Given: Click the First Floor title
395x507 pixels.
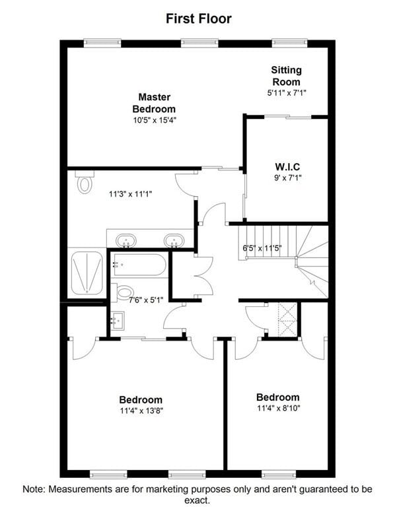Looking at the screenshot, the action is (199, 18).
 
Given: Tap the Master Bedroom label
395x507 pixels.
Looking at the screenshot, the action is (154, 103).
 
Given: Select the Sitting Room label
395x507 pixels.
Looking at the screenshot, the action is (286, 76).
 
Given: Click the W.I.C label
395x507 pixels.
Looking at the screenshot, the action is (287, 167).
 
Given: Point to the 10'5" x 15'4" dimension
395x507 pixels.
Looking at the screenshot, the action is (155, 120).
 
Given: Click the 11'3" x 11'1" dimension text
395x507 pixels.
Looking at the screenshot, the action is (130, 194).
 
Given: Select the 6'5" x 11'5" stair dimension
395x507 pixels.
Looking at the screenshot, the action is (262, 248).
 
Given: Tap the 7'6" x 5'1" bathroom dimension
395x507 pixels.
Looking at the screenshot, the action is (146, 300).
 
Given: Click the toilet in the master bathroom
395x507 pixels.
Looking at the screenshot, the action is (85, 182).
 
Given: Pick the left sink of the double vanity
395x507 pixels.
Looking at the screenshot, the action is (126, 241).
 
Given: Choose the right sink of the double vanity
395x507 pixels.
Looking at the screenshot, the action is (174, 241).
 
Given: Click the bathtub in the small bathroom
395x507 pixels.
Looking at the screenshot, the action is (139, 265).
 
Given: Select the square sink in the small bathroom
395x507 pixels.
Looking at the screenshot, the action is (118, 321).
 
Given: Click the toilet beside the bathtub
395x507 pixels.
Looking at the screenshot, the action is (122, 292).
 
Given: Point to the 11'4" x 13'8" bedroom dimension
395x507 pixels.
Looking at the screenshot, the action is (141, 411).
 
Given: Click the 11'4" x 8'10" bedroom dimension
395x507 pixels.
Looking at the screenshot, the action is (279, 409).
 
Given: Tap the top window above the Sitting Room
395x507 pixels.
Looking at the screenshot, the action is (289, 43).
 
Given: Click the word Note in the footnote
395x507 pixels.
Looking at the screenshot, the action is (33, 489).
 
